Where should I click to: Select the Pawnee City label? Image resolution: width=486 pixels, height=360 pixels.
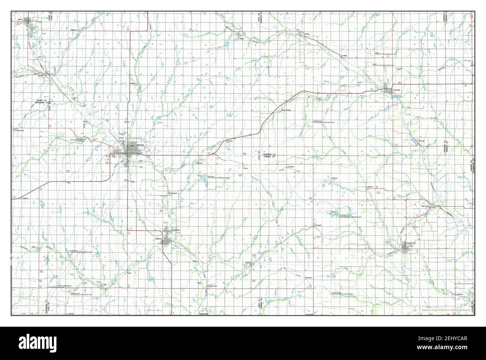coord(411,243)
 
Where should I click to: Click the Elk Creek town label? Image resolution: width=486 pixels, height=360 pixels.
coord(421,141)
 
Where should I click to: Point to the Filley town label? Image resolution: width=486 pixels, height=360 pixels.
coord(231,141)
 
